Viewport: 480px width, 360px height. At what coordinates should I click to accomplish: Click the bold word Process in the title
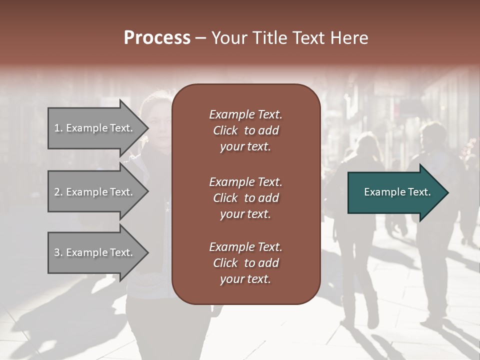point(157,38)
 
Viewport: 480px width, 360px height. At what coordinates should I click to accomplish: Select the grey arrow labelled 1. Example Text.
point(95,128)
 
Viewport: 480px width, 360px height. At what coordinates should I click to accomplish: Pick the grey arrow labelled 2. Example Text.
point(95,192)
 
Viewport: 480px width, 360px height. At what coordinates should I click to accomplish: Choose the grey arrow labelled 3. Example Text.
point(95,252)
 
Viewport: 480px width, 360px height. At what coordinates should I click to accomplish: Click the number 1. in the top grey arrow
point(58,128)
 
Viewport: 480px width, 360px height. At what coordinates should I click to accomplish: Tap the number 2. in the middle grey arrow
point(58,192)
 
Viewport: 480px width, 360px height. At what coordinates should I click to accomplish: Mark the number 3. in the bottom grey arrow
point(58,252)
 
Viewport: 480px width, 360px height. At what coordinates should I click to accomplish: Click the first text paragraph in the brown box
point(245,130)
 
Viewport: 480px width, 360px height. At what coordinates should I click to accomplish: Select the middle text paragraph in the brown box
point(245,198)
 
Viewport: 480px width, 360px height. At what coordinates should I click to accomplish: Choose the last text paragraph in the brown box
point(245,263)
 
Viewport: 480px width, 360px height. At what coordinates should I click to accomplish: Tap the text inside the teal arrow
point(397,192)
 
